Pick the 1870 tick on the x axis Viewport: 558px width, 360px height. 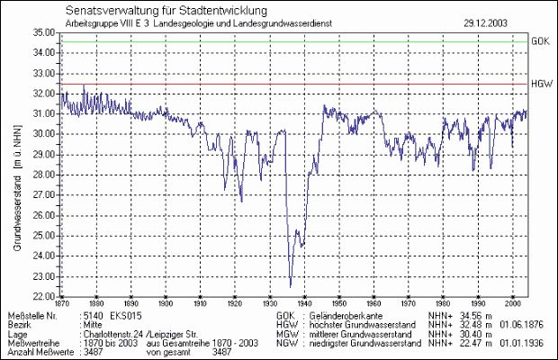(62, 304)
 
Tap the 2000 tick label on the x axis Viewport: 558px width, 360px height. (512, 304)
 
